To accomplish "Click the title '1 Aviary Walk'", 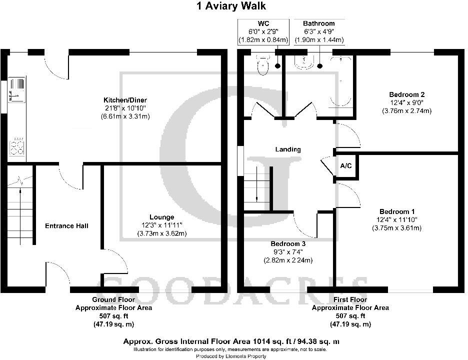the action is [x=234, y=6].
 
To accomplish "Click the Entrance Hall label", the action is [x=67, y=226].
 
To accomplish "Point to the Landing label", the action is [x=288, y=149].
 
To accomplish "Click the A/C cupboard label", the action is [x=345, y=165].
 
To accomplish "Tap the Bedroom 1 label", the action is [x=396, y=211].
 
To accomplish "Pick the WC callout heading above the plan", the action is [x=263, y=23].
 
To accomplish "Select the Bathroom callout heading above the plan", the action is [x=318, y=23].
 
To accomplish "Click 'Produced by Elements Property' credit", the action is [x=233, y=356].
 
